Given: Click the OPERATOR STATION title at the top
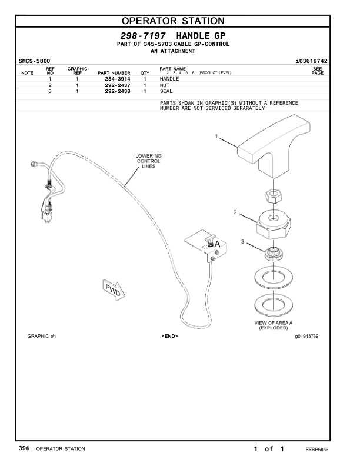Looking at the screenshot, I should pyautogui.click(x=180, y=22).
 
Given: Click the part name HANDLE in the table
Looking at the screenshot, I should pyautogui.click(x=169, y=79).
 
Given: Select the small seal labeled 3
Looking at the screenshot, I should pyautogui.click(x=274, y=254).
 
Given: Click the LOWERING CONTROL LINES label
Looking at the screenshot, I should pyautogui.click(x=148, y=161).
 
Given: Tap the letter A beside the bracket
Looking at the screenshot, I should pyautogui.click(x=217, y=244).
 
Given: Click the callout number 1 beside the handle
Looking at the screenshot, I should pyautogui.click(x=216, y=137).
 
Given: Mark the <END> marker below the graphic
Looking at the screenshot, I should pyautogui.click(x=169, y=337).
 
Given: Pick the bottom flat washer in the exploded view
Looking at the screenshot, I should pyautogui.click(x=274, y=305).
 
